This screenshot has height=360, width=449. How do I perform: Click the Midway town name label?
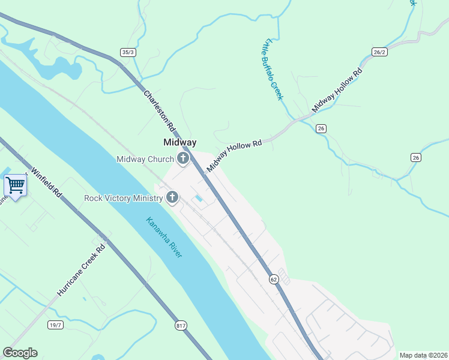(180, 142)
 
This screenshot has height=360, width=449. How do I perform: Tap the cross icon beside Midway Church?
(182, 159)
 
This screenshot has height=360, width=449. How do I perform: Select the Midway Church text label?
(145, 159)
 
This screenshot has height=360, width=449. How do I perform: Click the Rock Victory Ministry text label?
(123, 197)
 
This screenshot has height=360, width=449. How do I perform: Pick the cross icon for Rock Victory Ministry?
(172, 197)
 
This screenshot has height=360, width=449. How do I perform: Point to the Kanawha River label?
(164, 238)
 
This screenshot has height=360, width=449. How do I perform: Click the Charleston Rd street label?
(159, 112)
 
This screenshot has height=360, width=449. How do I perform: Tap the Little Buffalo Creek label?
(273, 68)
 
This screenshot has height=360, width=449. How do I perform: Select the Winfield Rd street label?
(47, 182)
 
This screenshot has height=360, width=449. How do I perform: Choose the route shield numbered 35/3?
(128, 52)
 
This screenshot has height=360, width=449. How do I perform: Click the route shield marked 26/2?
(378, 52)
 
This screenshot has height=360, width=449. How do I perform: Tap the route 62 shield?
(274, 279)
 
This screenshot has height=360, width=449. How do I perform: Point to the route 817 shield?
(181, 325)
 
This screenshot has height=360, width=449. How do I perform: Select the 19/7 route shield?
(55, 325)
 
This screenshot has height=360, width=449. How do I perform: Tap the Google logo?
(20, 353)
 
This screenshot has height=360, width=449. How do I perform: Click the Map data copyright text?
(423, 355)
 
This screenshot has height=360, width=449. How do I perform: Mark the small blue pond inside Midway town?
(197, 199)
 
